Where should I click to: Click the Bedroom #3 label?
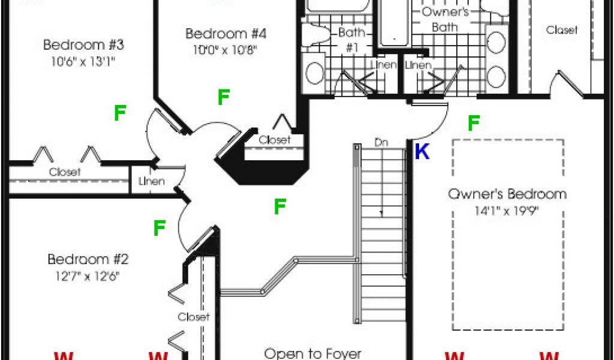point(83,44)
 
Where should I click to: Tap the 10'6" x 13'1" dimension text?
point(83,61)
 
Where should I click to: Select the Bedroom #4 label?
point(225,34)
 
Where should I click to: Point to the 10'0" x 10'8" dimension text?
point(225,50)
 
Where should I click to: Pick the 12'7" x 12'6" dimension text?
point(88,276)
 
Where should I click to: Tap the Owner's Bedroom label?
point(507,194)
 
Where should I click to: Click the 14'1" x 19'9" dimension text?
point(507,211)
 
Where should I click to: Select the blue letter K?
point(422,152)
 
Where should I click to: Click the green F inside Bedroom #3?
point(121,113)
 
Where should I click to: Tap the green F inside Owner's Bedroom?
point(473,124)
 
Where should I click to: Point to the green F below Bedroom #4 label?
point(224,97)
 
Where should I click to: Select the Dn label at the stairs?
point(380,143)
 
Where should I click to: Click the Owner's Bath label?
point(445,19)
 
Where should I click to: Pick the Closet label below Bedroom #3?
point(65,172)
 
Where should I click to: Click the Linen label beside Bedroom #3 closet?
point(151,181)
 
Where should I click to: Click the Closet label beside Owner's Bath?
point(562,30)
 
